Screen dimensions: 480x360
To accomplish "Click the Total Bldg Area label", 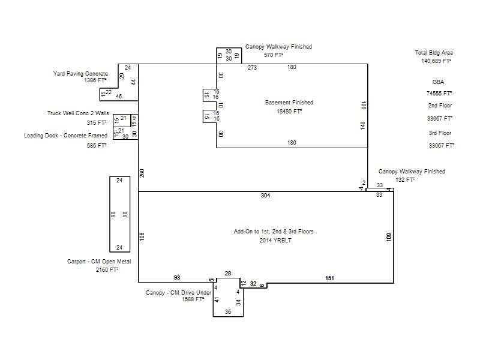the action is point(434,53).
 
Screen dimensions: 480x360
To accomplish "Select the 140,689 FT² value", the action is point(436,61).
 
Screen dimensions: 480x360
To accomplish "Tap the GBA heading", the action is point(438,82).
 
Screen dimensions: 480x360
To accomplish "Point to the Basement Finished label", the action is point(289,103).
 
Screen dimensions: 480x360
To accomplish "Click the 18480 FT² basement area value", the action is point(289,112).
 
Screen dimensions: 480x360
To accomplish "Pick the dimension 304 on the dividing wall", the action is point(265,196).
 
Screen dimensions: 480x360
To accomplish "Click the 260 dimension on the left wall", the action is point(142,173).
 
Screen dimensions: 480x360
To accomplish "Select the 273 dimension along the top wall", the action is point(252,68).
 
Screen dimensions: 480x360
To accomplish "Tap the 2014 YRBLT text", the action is point(275,241).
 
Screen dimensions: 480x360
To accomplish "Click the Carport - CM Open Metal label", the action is point(99,262).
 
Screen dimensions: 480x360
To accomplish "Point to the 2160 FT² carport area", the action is point(107,269).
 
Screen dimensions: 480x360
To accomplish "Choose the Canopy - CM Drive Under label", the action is point(178,293).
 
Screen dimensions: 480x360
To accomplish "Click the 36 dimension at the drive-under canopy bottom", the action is point(228,312).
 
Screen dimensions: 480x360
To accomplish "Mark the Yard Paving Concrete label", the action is point(80,74).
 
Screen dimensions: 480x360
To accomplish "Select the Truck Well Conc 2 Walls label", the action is point(78,113).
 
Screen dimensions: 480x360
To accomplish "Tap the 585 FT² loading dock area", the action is point(97,146).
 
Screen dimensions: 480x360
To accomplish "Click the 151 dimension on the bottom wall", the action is point(329,278).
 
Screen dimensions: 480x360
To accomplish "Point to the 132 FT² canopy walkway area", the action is point(405,180).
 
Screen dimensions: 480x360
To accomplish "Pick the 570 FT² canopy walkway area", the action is point(274,55).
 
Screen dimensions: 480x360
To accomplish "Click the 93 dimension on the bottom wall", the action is point(177,278).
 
